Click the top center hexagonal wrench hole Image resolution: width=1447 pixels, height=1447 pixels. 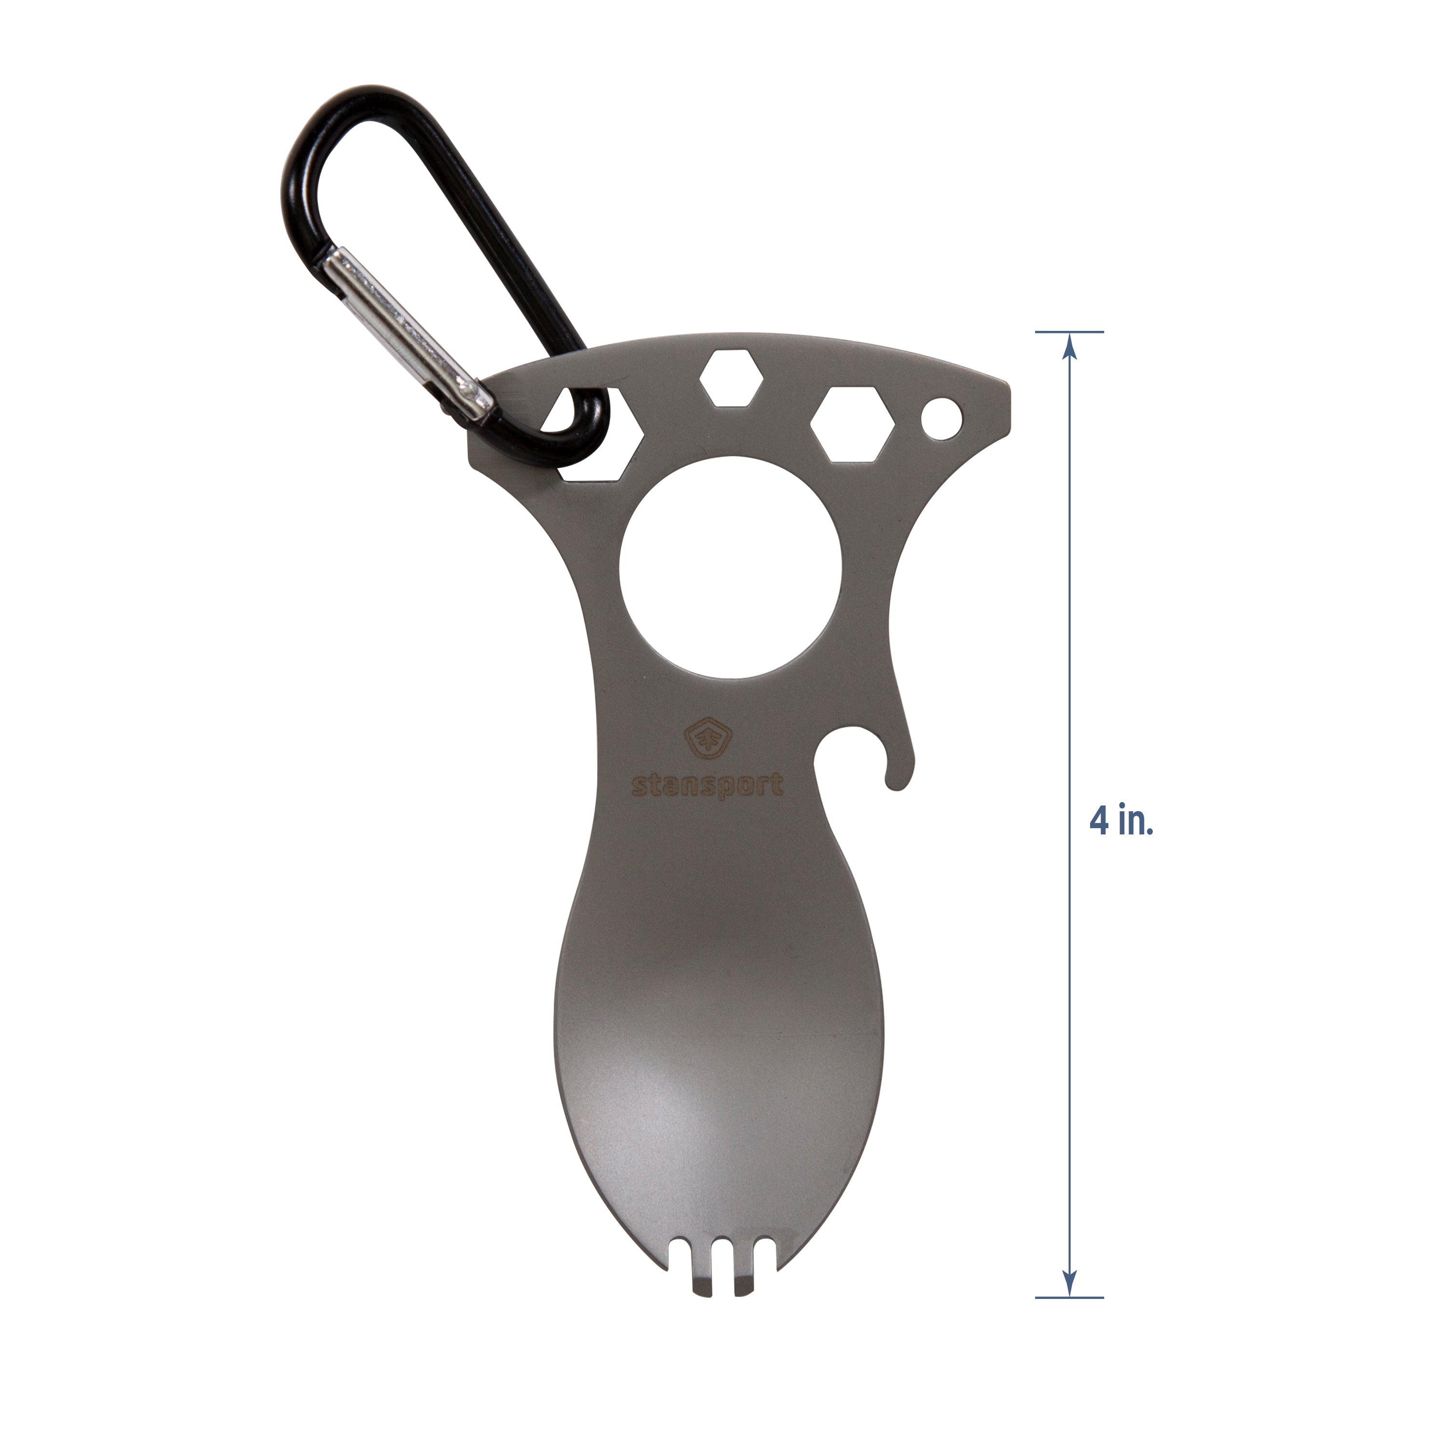click(731, 378)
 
